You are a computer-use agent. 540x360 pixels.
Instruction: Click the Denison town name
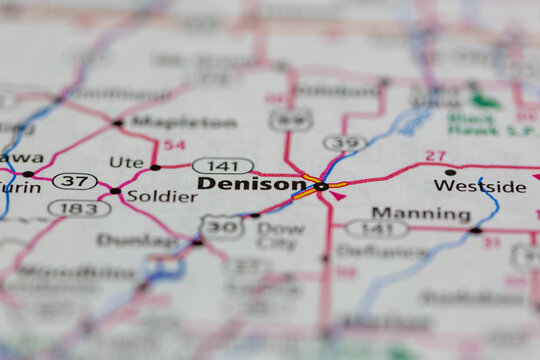tap(252, 184)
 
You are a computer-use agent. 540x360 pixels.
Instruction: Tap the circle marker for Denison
tap(321, 186)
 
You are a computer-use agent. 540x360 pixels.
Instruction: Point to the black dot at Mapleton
tap(118, 123)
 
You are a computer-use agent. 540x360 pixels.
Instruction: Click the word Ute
tap(126, 161)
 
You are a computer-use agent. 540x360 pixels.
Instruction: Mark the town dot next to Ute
tap(155, 167)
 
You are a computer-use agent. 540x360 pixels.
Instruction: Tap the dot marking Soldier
tap(115, 191)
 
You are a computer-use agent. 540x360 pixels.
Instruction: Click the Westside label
tap(479, 186)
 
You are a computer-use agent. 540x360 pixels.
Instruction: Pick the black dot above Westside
tap(450, 172)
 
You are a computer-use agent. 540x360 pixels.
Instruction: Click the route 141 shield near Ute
tap(222, 166)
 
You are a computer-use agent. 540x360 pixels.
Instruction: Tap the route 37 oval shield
tap(74, 181)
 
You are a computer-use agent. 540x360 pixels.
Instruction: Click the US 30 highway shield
tap(221, 227)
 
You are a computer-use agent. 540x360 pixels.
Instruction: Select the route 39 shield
tap(345, 143)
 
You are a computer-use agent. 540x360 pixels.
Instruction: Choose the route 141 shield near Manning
tap(377, 228)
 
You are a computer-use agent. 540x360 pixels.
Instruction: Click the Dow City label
tap(280, 235)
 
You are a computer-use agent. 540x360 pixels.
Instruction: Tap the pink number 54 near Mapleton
tap(174, 146)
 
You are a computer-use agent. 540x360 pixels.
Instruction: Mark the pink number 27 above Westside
tap(435, 155)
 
